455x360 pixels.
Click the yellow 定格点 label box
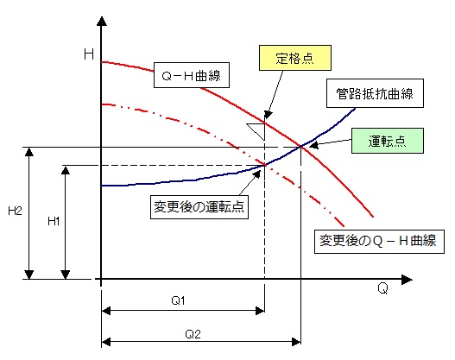[x=294, y=58]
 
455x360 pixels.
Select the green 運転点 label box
[x=388, y=141]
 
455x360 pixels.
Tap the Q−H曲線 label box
[x=192, y=75]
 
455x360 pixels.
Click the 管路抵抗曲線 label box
[x=375, y=93]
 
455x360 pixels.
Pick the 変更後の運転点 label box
[x=199, y=207]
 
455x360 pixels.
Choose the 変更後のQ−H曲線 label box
[x=379, y=242]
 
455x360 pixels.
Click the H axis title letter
[x=89, y=54]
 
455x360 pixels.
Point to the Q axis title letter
[x=382, y=288]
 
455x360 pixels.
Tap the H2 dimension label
[x=15, y=211]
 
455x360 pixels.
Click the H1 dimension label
[x=54, y=221]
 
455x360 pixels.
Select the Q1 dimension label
[x=178, y=300]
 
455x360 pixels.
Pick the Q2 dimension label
[x=193, y=334]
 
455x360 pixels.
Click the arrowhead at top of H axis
[x=102, y=22]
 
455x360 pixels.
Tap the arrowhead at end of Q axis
[x=407, y=280]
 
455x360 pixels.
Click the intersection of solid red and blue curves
[x=301, y=147]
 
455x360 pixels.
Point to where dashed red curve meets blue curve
[x=265, y=165]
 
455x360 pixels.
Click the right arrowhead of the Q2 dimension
[x=296, y=342]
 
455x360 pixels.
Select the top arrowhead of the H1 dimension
[x=66, y=170]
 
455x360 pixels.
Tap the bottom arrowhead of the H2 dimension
[x=29, y=275]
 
